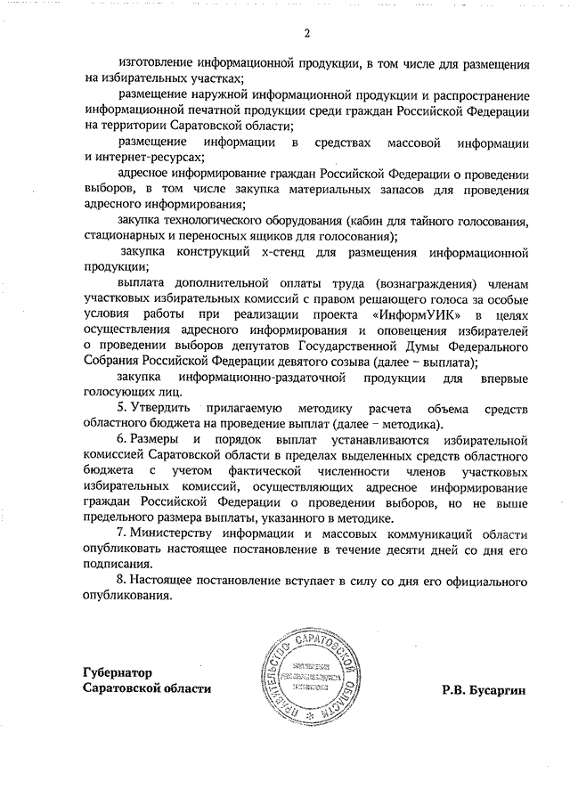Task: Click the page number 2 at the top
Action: coord(306,35)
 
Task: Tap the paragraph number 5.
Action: coord(122,409)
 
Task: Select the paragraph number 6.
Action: coord(122,441)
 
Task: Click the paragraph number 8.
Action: coord(122,580)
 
